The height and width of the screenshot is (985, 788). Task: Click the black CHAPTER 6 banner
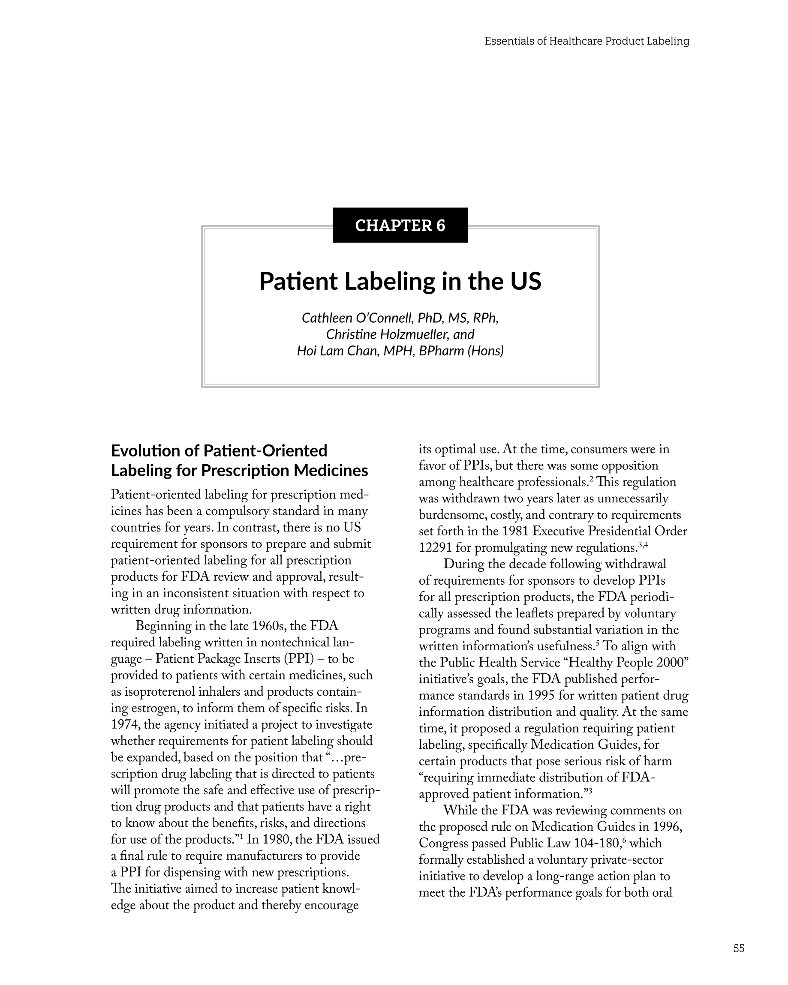pyautogui.click(x=400, y=225)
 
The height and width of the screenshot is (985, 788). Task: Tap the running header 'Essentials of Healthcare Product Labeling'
pyautogui.click(x=587, y=41)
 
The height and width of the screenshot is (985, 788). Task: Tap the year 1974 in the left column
pyautogui.click(x=126, y=724)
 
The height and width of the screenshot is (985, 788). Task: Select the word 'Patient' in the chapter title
pyautogui.click(x=298, y=282)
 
